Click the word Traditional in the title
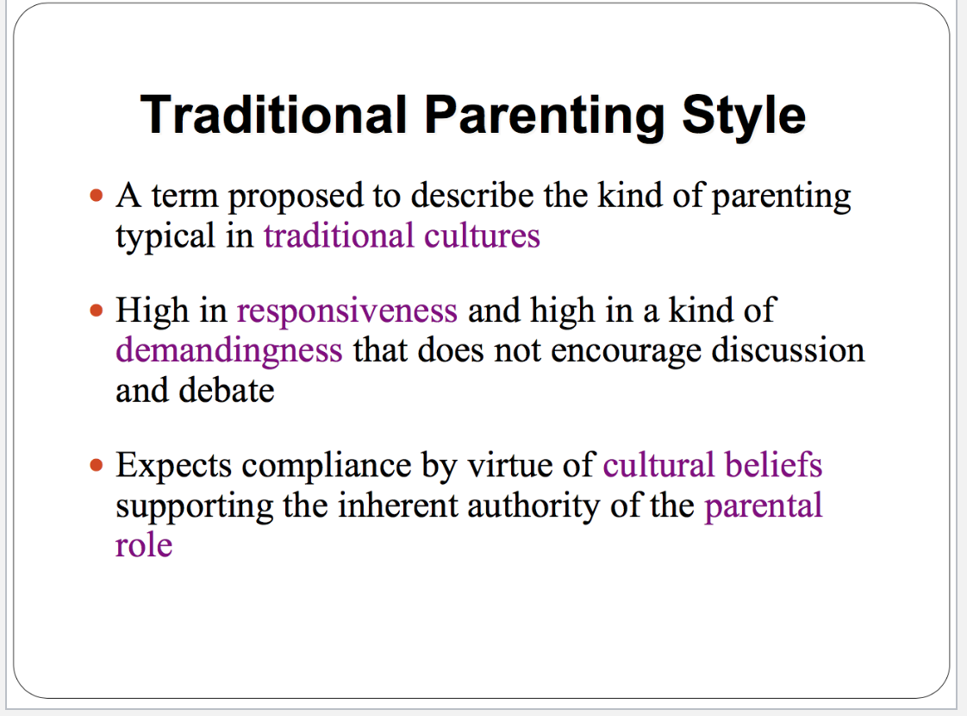pos(274,115)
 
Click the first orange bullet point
pos(97,197)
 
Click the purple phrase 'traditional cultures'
pos(402,236)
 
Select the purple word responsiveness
pos(347,311)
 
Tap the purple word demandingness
pos(228,351)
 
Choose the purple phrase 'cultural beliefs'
pos(713,465)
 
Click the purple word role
pos(144,546)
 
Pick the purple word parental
pos(764,506)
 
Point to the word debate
pos(227,391)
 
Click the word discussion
pos(788,350)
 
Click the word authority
pos(533,506)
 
